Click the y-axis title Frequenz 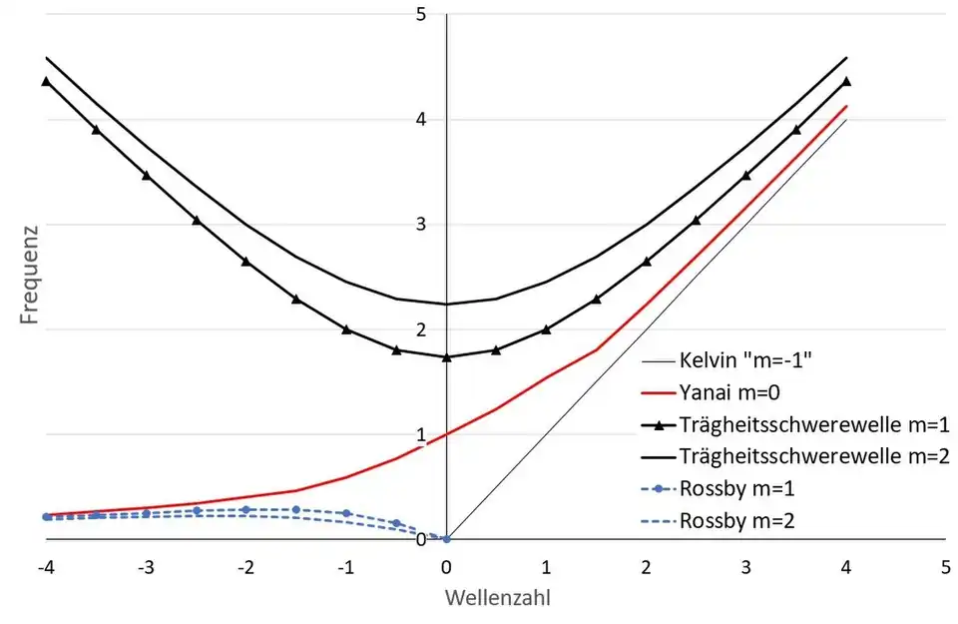point(31,277)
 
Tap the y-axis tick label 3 point(421,224)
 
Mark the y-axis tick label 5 point(421,14)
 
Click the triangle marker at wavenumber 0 point(446,356)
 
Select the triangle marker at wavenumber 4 point(846,81)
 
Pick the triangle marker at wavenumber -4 point(46,81)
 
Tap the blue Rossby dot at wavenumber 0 point(446,539)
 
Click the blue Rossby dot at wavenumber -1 point(346,513)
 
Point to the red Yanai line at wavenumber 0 point(446,434)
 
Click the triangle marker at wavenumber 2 point(647,262)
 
